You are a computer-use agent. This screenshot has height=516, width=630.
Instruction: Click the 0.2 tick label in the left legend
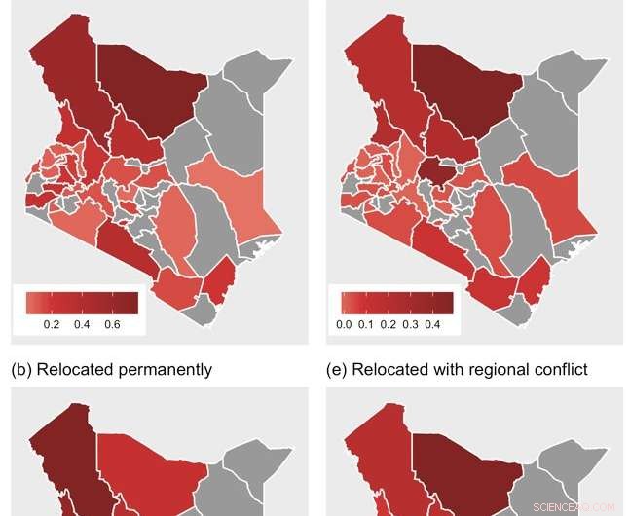(x=52, y=323)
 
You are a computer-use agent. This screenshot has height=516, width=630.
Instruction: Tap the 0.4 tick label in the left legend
(x=83, y=323)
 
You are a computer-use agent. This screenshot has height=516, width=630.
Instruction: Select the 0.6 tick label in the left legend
(x=113, y=323)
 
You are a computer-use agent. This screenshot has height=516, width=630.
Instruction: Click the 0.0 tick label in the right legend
(x=343, y=323)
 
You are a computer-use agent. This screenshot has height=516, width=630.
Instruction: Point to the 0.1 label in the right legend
(x=368, y=323)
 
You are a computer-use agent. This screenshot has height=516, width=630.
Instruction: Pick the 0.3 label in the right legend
(x=417, y=323)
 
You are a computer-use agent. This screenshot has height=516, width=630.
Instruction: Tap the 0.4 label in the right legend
(x=441, y=323)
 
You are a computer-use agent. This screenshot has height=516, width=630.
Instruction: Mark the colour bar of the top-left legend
(x=82, y=303)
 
